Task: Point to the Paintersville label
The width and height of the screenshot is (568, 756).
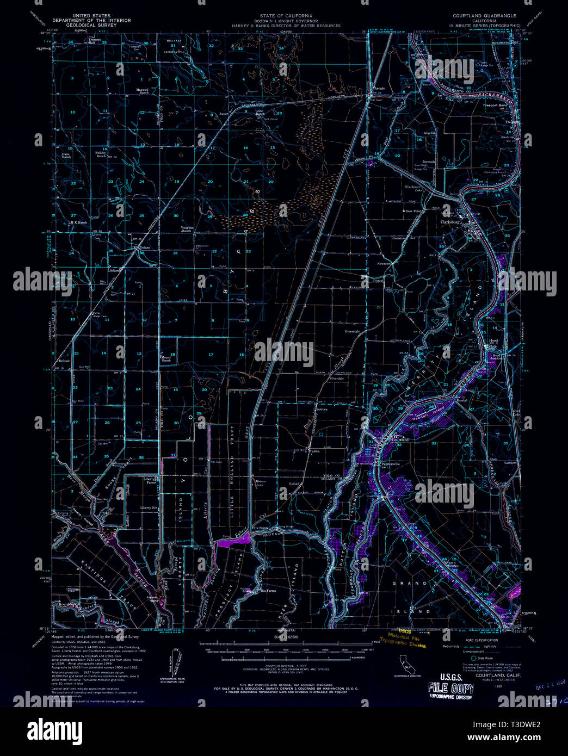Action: coord(391,464)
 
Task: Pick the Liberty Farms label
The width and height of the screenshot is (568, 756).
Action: coord(150,481)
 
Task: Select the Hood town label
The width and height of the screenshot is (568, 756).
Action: coord(493,340)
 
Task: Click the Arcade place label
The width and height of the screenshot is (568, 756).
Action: coord(379,88)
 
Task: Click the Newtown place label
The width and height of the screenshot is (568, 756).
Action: coord(385,263)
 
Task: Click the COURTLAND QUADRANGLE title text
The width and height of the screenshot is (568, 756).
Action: coord(484,16)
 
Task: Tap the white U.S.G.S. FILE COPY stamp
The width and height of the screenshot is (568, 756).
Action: coord(451,690)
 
